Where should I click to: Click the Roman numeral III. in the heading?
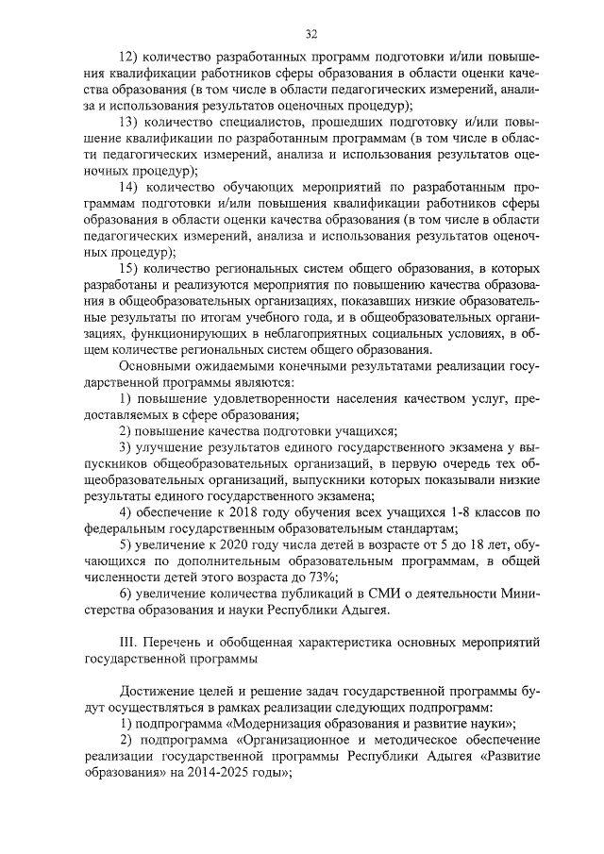coord(130,644)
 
